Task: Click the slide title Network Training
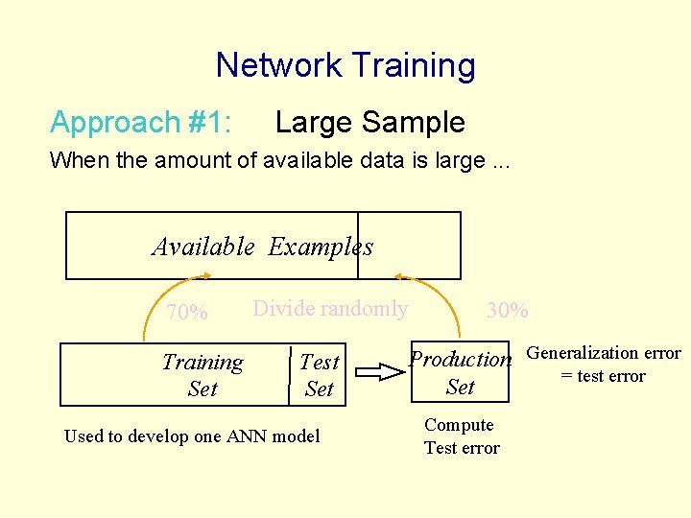pos(345,65)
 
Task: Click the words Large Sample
pos(369,122)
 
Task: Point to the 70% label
pos(187,313)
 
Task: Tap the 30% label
pos(507,311)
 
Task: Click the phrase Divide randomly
pos(329,309)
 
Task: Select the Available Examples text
pos(262,247)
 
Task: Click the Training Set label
pos(203,375)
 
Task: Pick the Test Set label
pos(319,375)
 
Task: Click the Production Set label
pos(461,372)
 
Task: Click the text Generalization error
pos(604,353)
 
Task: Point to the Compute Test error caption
pos(461,436)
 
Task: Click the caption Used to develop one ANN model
pos(192,436)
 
